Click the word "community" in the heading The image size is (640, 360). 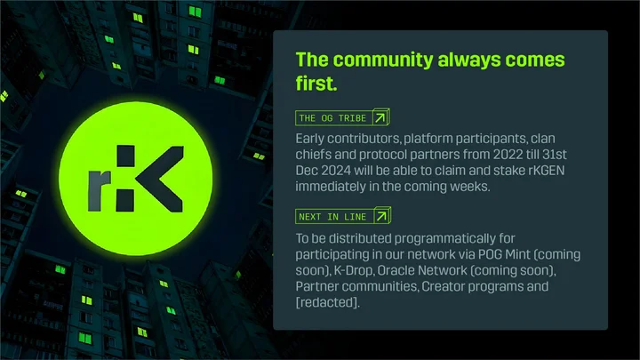point(382,60)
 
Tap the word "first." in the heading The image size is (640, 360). point(316,84)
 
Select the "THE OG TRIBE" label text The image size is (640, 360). point(332,118)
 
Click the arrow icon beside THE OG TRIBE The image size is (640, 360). point(380,117)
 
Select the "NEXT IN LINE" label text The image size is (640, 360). point(332,217)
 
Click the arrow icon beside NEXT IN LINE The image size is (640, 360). point(381,216)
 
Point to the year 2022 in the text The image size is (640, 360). point(508,155)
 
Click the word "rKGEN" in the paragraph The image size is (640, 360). point(546,171)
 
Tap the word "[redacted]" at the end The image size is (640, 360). point(327,302)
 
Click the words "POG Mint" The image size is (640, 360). point(504,255)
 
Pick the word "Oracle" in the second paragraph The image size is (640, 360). point(396,270)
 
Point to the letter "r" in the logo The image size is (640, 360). point(100,190)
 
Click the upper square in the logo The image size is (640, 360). point(125,156)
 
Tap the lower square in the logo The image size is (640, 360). point(125,200)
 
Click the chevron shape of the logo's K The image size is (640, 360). point(160,179)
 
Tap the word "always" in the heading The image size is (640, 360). point(468,60)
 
